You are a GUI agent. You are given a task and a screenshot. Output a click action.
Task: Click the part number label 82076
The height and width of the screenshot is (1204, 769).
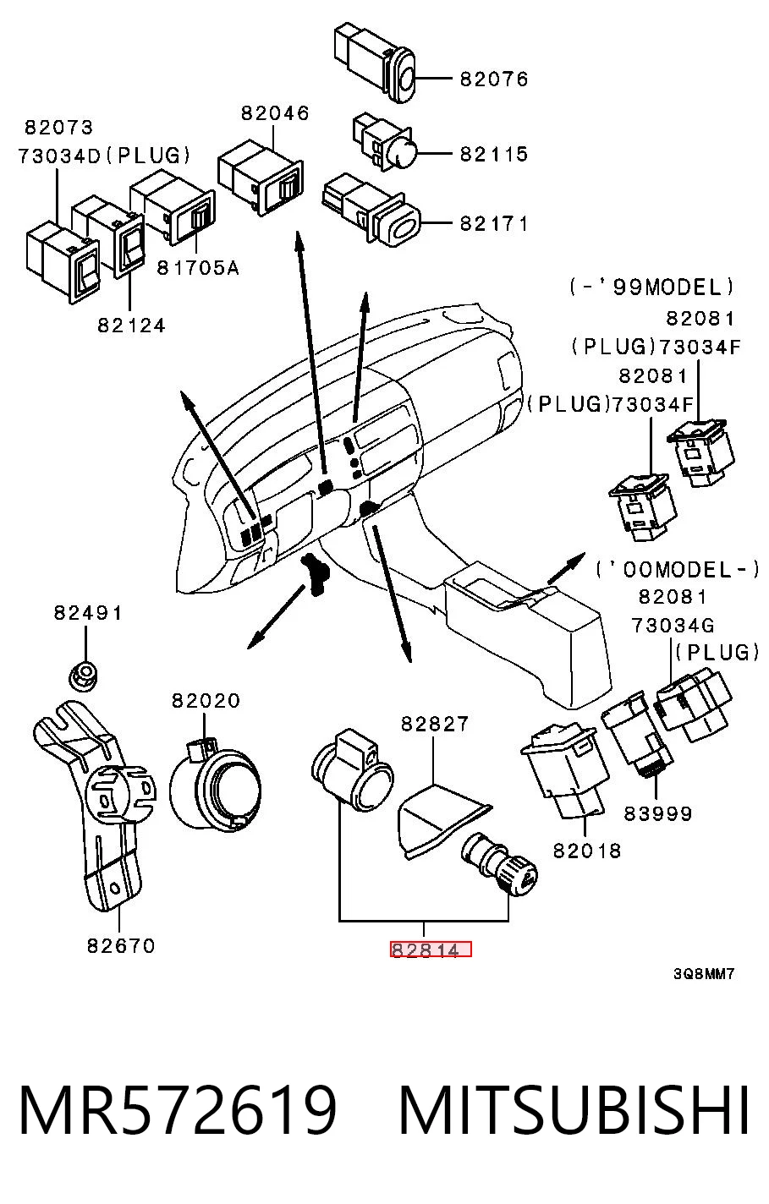(x=494, y=79)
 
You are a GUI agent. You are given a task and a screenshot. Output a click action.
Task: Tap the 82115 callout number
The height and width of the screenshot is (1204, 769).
(x=494, y=154)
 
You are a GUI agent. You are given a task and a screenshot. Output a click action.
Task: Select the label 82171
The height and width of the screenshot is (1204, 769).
(x=494, y=223)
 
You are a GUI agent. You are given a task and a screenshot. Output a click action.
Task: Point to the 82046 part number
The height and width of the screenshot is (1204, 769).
(x=275, y=113)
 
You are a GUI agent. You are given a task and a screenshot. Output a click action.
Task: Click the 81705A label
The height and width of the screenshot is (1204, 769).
(x=197, y=267)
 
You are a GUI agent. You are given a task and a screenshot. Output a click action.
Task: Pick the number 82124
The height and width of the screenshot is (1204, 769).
(x=131, y=326)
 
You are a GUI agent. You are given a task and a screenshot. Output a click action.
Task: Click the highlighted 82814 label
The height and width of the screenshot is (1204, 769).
(x=431, y=950)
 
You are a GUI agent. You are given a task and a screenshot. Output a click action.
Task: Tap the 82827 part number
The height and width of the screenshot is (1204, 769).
(x=435, y=724)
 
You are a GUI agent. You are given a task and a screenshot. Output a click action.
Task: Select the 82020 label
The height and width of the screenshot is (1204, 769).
(x=206, y=700)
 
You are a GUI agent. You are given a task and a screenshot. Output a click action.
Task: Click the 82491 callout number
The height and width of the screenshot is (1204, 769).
(x=88, y=613)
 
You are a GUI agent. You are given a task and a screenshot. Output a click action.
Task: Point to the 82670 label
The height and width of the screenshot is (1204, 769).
(x=121, y=945)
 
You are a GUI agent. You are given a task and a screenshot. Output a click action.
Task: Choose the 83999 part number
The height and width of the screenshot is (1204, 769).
(x=657, y=813)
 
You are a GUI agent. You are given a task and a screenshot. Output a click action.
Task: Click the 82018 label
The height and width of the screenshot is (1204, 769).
(x=587, y=851)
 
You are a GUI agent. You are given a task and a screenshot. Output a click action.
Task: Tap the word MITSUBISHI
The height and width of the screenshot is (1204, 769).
(x=574, y=1110)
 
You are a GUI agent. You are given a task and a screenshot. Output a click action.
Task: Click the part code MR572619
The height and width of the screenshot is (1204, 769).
(x=178, y=1110)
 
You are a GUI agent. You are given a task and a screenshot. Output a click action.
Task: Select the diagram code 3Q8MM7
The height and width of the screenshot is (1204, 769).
(x=704, y=974)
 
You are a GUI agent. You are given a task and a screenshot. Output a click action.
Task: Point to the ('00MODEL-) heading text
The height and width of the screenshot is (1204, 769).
(x=677, y=569)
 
